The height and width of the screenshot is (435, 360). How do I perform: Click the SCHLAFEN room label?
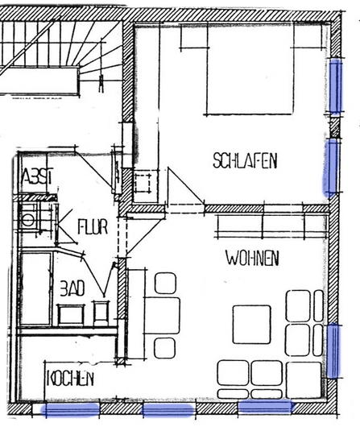tap(245, 160)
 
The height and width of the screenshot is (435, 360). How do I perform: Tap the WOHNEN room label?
tap(252, 259)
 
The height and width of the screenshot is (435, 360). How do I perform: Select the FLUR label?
tap(93, 227)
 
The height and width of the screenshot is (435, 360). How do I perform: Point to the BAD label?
tap(72, 288)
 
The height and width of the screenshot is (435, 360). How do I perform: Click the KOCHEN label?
tap(70, 379)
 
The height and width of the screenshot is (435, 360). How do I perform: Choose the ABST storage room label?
tap(37, 176)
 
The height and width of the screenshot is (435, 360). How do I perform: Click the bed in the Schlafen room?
tap(250, 69)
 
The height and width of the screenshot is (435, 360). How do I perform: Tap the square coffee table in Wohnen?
tap(251, 325)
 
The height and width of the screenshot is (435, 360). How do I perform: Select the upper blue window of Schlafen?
tap(336, 86)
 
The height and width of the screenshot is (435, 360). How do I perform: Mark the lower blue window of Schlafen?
tap(331, 167)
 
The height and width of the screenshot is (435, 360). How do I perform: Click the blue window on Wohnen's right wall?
tap(333, 351)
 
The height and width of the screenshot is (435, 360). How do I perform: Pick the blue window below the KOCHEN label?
tap(70, 410)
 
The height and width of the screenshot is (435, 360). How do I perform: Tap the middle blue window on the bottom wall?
tap(168, 410)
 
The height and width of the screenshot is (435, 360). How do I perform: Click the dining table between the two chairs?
tap(162, 315)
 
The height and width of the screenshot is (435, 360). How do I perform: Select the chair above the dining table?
tap(165, 284)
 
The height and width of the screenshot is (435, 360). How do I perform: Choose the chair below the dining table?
tap(165, 348)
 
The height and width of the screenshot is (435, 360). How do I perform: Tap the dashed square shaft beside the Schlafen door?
tap(143, 184)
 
